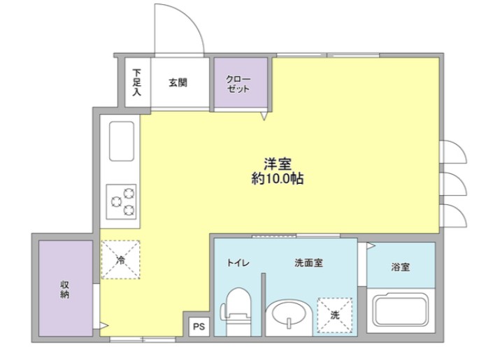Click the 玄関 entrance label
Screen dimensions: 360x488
pos(178,82)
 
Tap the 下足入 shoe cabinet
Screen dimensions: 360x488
pos(137,82)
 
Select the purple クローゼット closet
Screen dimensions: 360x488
pos(241,84)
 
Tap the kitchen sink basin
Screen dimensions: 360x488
pos(122,141)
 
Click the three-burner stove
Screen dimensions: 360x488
pos(122,200)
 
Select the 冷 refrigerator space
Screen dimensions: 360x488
pos(120,259)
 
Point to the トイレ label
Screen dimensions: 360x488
pos(236,263)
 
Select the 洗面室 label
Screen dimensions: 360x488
pos(308,263)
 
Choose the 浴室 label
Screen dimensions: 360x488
pos(401,267)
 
